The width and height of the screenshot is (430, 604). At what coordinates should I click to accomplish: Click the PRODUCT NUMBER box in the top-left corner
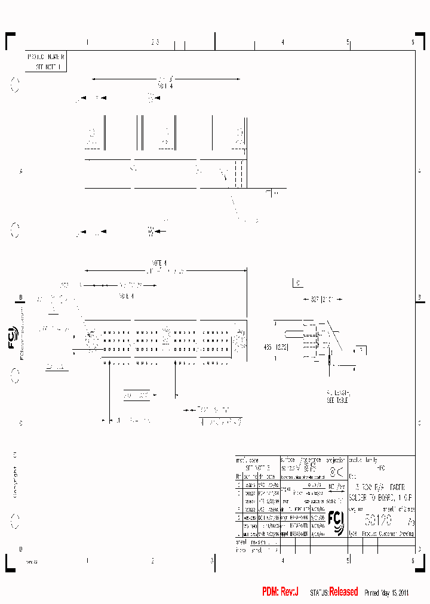pos(46,61)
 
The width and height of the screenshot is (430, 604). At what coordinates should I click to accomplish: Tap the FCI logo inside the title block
pos(336,523)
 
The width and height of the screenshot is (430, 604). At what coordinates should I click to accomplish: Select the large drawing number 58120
pos(377,520)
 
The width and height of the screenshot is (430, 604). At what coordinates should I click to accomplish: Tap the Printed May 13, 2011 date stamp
pos(386,593)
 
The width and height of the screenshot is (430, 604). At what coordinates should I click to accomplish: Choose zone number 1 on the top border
pos(87,42)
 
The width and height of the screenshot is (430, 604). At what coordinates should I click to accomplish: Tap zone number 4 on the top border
pos(282,42)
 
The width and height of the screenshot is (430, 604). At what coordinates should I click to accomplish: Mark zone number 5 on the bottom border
pos(348,561)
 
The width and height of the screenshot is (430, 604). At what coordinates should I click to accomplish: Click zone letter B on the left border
pos(20,297)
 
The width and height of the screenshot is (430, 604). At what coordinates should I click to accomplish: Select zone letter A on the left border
pos(20,171)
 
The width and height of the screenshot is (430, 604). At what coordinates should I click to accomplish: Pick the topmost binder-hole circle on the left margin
pos(16,86)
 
